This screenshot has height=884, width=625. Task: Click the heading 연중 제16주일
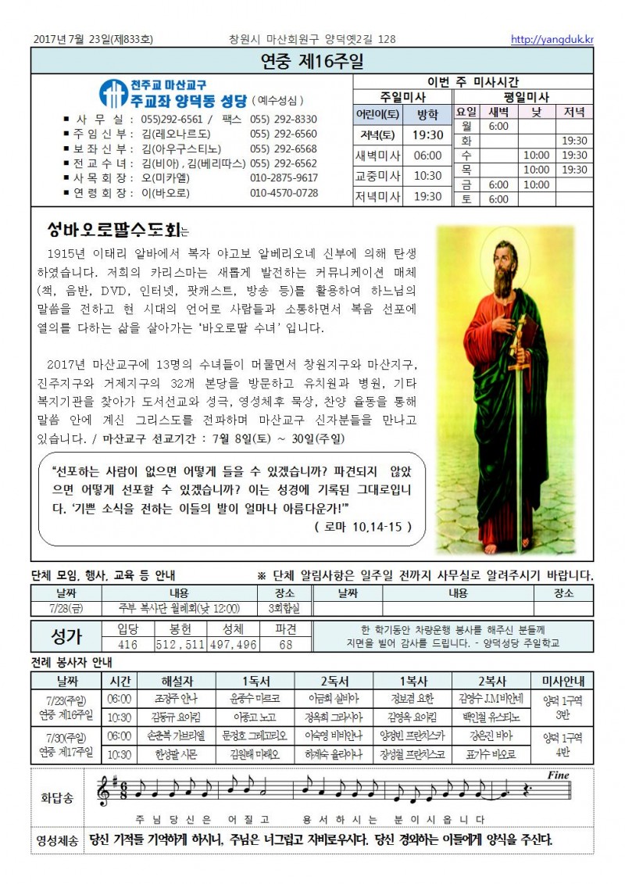point(312,61)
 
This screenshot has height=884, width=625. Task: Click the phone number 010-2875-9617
point(284,178)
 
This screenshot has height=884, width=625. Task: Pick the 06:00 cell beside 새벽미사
point(427,155)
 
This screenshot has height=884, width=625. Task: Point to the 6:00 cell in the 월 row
point(498,126)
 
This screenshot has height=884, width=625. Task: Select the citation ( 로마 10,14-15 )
point(363,527)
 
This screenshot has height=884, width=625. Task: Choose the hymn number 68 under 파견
point(285,645)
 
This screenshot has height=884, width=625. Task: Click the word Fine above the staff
point(559,775)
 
